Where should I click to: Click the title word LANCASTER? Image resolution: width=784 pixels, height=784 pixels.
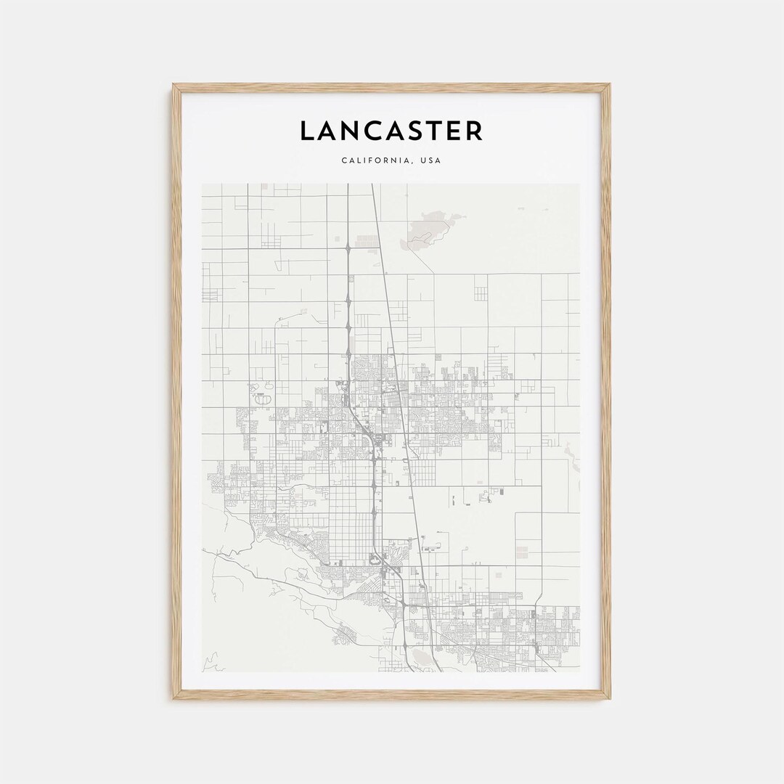(x=391, y=131)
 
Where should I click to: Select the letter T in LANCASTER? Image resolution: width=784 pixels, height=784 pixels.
(x=430, y=131)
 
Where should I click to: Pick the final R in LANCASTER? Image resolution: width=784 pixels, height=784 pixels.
(x=474, y=131)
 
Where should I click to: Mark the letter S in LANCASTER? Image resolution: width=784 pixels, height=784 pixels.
(x=409, y=131)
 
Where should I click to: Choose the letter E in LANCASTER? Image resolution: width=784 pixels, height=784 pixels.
(x=452, y=131)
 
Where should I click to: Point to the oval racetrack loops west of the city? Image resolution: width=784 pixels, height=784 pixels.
(x=261, y=399)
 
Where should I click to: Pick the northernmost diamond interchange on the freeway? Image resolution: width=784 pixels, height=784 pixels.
(x=348, y=250)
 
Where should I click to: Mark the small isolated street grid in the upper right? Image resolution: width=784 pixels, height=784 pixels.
(x=481, y=293)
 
